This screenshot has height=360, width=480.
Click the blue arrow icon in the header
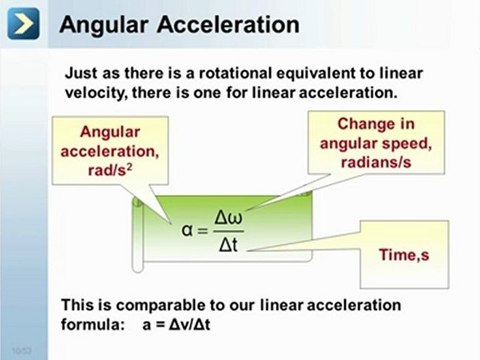click(x=26, y=24)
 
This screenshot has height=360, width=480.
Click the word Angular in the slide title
click(x=105, y=23)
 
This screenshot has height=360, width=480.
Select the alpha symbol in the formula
click(x=186, y=229)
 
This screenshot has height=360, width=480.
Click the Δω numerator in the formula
click(x=229, y=217)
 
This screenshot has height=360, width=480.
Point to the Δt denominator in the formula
click(x=228, y=245)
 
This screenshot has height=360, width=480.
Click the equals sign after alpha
click(x=203, y=231)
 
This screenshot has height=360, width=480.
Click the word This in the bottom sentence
click(x=78, y=304)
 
